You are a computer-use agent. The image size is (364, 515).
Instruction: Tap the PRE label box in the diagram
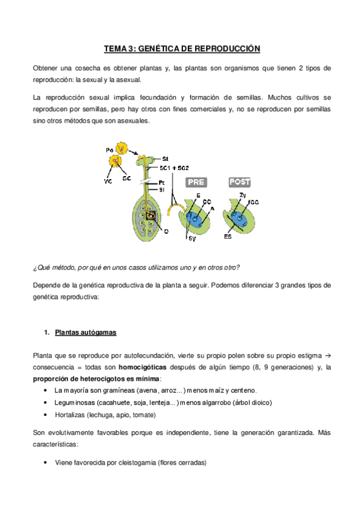tap(196, 182)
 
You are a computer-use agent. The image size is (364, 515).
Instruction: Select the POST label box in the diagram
tap(239, 182)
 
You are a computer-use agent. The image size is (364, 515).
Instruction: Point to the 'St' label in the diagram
tap(165, 158)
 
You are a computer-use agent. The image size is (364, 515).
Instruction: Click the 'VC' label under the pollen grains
tap(108, 180)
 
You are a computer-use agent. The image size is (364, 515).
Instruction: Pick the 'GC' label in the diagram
tap(126, 179)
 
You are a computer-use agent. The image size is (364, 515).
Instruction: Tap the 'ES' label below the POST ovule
tap(227, 236)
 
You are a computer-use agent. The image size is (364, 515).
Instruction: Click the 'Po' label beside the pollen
tap(109, 149)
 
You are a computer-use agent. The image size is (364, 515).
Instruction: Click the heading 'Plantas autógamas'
tap(86, 333)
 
